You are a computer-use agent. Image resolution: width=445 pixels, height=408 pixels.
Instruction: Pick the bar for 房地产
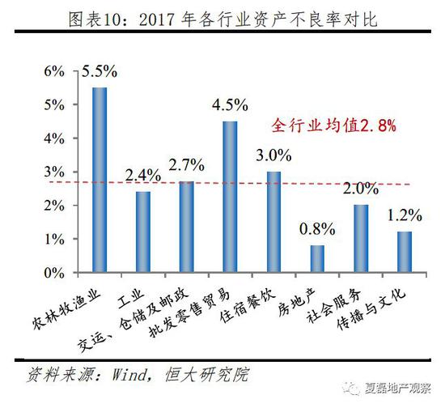coord(317,259)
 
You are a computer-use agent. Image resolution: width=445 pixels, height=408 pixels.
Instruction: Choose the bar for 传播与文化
coord(405,253)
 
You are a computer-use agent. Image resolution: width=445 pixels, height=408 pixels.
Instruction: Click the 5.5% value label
coord(100,73)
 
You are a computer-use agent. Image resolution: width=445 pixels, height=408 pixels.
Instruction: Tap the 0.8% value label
coord(317,229)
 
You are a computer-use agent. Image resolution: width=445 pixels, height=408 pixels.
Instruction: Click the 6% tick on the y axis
coord(53,70)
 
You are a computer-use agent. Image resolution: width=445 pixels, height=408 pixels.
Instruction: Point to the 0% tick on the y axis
coord(53,274)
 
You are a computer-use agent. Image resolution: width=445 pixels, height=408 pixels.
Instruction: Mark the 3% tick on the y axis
coord(53,172)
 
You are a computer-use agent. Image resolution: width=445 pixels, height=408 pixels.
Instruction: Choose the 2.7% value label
coord(187,166)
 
